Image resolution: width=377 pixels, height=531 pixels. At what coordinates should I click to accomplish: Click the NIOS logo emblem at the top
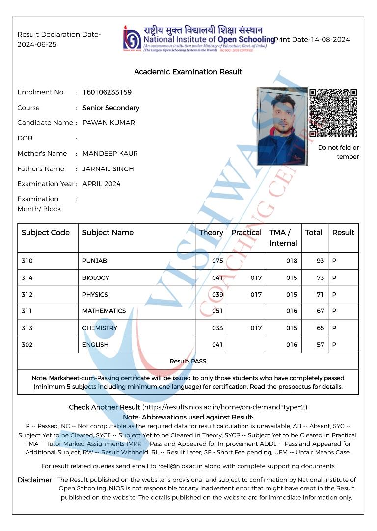point(132,38)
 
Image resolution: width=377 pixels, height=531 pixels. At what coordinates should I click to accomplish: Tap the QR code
point(333,113)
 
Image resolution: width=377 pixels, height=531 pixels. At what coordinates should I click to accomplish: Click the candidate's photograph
point(282,126)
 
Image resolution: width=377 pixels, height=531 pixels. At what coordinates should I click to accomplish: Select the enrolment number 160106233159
point(107,92)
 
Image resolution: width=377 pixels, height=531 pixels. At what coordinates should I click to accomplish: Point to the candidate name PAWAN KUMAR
point(108,123)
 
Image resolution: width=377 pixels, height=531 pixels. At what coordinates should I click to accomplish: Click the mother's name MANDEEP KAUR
point(110,153)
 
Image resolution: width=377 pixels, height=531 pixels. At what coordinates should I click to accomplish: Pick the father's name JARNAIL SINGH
point(108,168)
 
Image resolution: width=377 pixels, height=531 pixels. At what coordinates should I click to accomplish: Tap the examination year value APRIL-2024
point(101,184)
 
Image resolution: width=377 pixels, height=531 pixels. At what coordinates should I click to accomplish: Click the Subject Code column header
point(46,233)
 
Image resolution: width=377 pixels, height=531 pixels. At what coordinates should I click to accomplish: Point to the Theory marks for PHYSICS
point(217,295)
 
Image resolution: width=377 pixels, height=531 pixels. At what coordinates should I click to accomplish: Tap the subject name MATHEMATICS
point(104,311)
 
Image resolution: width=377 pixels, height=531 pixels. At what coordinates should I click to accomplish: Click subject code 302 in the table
point(27,345)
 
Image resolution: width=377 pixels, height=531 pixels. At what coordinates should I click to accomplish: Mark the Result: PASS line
point(188,361)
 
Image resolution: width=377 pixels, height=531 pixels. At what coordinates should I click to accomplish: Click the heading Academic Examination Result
point(188,72)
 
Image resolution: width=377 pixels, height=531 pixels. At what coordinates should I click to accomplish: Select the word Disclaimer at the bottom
point(34,480)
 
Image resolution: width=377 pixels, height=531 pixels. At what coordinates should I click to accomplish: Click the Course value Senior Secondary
point(111,108)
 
